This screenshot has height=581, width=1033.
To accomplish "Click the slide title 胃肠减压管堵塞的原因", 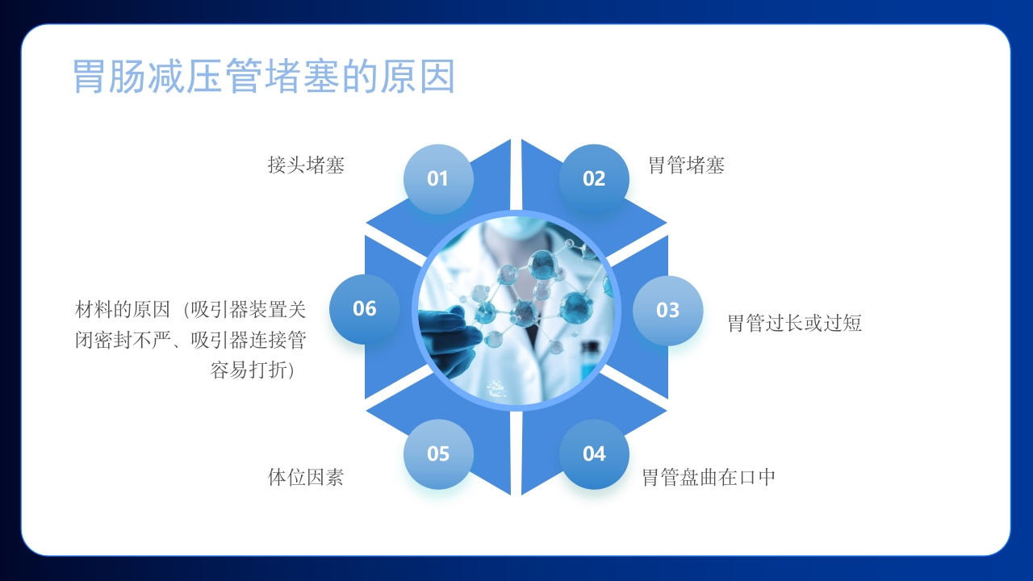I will pyautogui.click(x=264, y=77).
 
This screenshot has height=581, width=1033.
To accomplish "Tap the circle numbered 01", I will pyautogui.click(x=437, y=178).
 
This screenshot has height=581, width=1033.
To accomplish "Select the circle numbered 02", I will pyautogui.click(x=594, y=178).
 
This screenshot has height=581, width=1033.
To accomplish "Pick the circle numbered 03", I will pyautogui.click(x=667, y=310).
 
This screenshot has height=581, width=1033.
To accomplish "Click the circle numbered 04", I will pyautogui.click(x=594, y=454).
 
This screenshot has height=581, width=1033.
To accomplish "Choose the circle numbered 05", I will pyautogui.click(x=437, y=454).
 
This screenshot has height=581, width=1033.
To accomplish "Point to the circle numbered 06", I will pyautogui.click(x=365, y=308).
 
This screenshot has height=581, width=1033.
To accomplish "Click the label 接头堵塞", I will pyautogui.click(x=306, y=165).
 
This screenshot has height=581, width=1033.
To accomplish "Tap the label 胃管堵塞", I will pyautogui.click(x=686, y=165).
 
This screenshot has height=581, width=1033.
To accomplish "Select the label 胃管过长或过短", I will pyautogui.click(x=794, y=324).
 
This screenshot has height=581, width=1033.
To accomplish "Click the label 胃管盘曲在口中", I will pyautogui.click(x=708, y=477).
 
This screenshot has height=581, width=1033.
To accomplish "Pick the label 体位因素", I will pyautogui.click(x=305, y=477).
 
